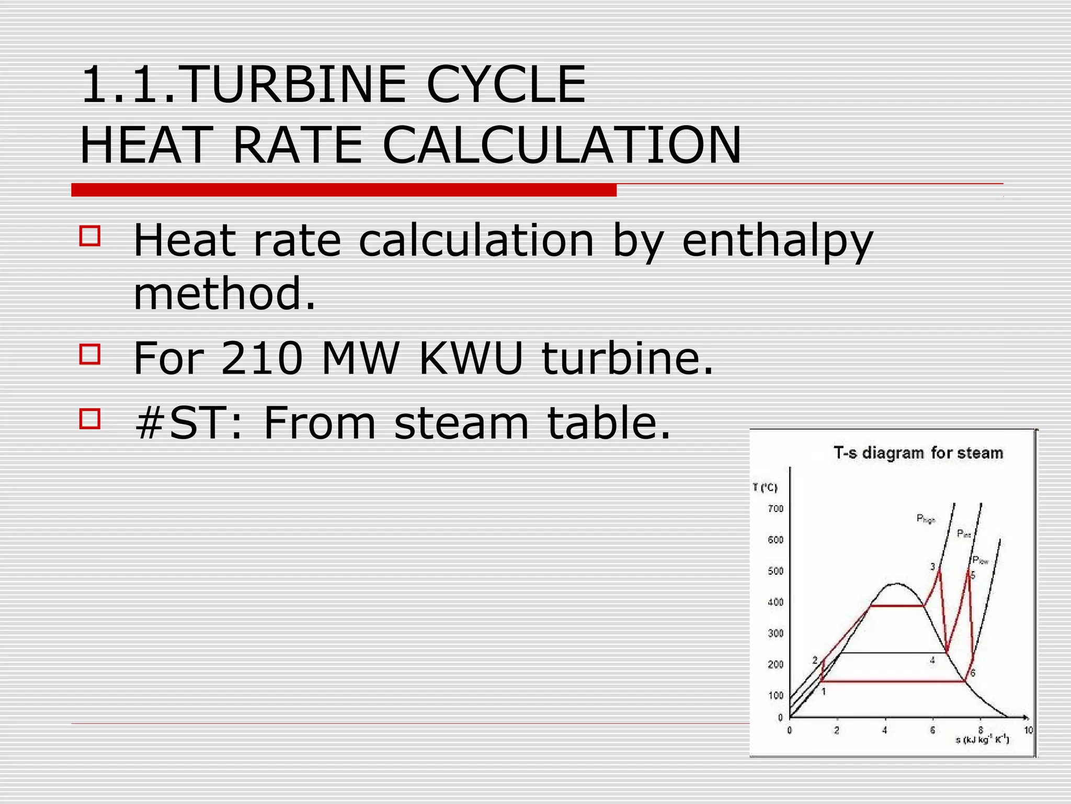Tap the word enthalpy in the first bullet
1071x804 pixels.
(x=778, y=241)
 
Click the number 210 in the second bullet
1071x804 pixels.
(x=261, y=359)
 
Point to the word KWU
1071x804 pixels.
(x=471, y=359)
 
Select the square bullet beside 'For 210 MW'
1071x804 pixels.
(x=90, y=354)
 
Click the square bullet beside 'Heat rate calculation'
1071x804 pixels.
(x=90, y=236)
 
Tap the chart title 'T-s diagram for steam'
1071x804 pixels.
(x=918, y=453)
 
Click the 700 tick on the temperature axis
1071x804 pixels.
(x=776, y=509)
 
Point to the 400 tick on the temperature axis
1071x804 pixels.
(x=776, y=602)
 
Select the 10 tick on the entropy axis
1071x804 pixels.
(x=1028, y=730)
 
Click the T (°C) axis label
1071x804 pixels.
(x=765, y=488)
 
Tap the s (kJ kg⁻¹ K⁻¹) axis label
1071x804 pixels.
(x=982, y=740)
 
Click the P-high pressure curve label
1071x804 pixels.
(x=925, y=519)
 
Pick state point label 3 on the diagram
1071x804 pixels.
(x=932, y=567)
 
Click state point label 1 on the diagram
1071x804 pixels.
(x=824, y=691)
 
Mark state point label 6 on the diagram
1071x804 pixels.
(x=973, y=673)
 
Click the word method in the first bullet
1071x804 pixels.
(x=225, y=294)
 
